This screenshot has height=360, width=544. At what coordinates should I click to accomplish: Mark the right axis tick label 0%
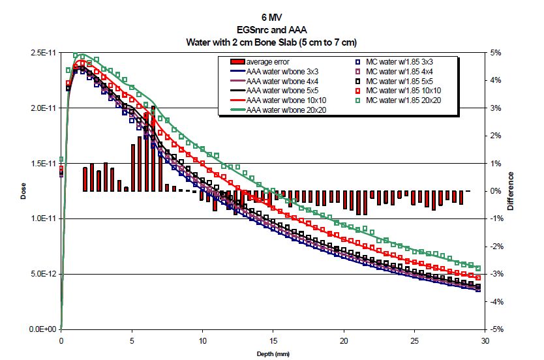(x=495, y=191)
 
